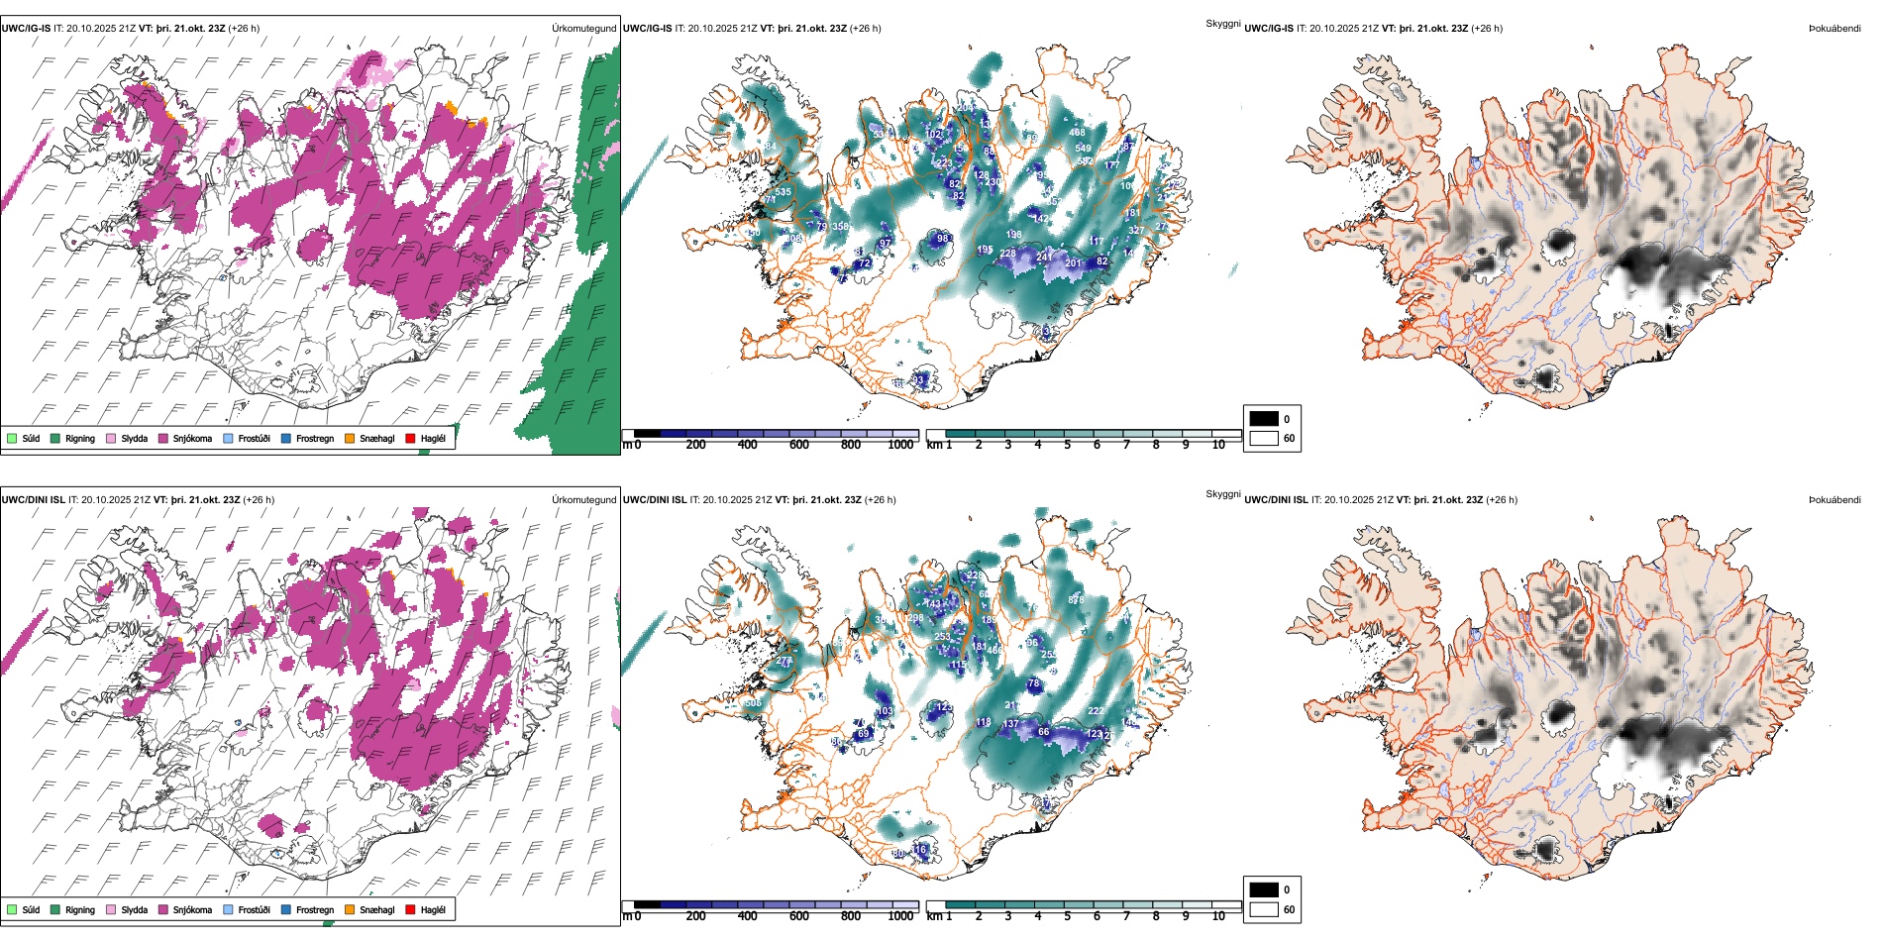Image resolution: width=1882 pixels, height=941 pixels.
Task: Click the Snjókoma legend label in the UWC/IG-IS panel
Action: click(192, 439)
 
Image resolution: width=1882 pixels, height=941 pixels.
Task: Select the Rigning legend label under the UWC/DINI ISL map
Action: click(80, 910)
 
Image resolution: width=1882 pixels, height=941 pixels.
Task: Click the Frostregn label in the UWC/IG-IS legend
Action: click(315, 439)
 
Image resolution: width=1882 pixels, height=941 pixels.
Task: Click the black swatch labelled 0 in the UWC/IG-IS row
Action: click(1264, 419)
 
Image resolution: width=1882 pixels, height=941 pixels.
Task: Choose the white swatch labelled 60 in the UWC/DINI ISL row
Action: click(1264, 909)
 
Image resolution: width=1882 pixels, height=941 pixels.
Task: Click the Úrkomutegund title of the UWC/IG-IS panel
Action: click(583, 29)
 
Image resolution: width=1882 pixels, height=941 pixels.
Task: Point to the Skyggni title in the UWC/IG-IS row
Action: click(1222, 23)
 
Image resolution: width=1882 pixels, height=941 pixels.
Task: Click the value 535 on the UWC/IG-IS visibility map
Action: click(783, 192)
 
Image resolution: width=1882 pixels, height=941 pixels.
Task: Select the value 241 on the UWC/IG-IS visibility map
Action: click(1044, 258)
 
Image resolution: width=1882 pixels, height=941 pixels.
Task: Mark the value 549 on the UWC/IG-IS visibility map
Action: click(1083, 149)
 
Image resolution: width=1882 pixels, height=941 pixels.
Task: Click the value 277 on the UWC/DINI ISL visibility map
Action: click(784, 661)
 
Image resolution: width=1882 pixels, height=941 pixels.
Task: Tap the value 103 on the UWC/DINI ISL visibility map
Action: click(885, 711)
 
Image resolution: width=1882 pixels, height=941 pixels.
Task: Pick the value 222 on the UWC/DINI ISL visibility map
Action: click(1096, 711)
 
